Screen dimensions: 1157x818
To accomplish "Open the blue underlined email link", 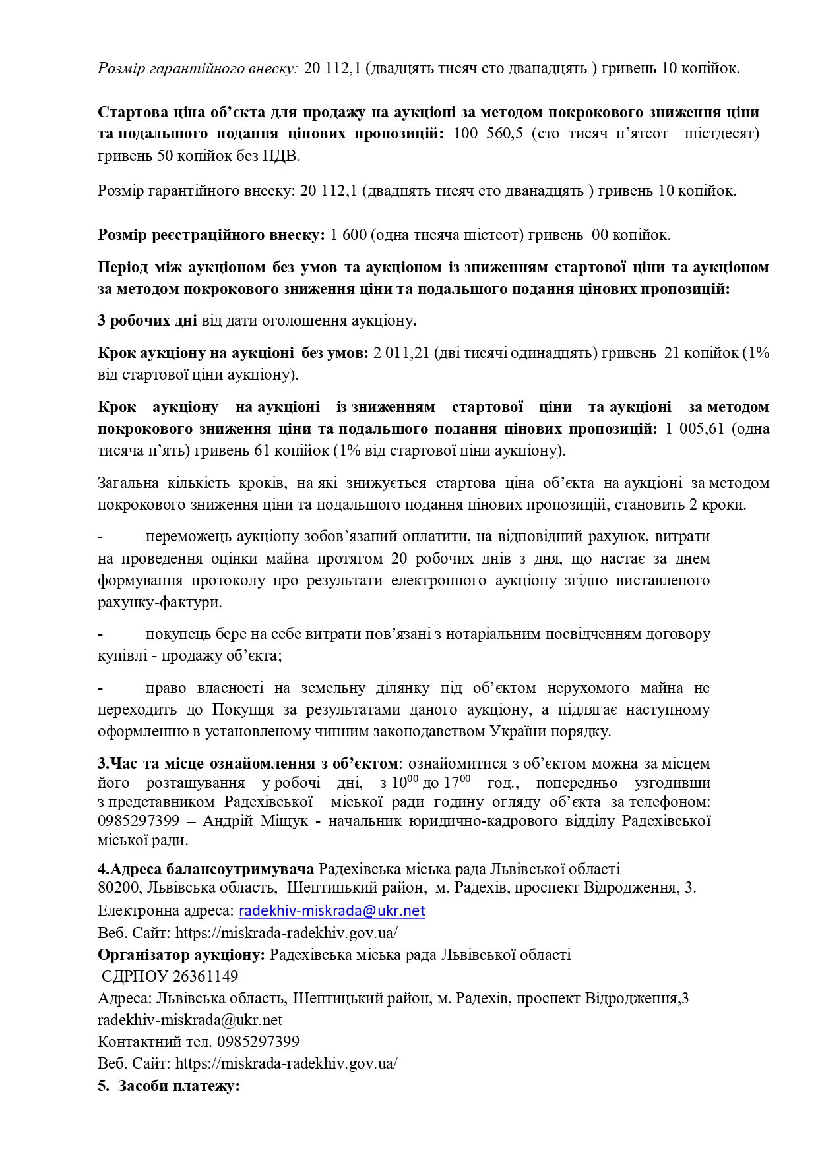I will [332, 911].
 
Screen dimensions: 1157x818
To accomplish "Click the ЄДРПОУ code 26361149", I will [205, 976].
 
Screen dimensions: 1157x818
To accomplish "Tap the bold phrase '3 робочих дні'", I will [147, 321].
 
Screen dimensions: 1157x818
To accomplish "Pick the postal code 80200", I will [119, 888].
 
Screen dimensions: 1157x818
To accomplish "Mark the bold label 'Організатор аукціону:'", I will [181, 955].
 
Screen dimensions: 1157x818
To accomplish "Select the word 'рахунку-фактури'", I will [159, 603].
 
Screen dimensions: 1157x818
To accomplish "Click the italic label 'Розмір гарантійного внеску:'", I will [198, 69].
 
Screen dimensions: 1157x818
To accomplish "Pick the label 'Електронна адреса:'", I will [166, 911].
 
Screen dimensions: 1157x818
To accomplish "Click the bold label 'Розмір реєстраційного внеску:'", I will [211, 235].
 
